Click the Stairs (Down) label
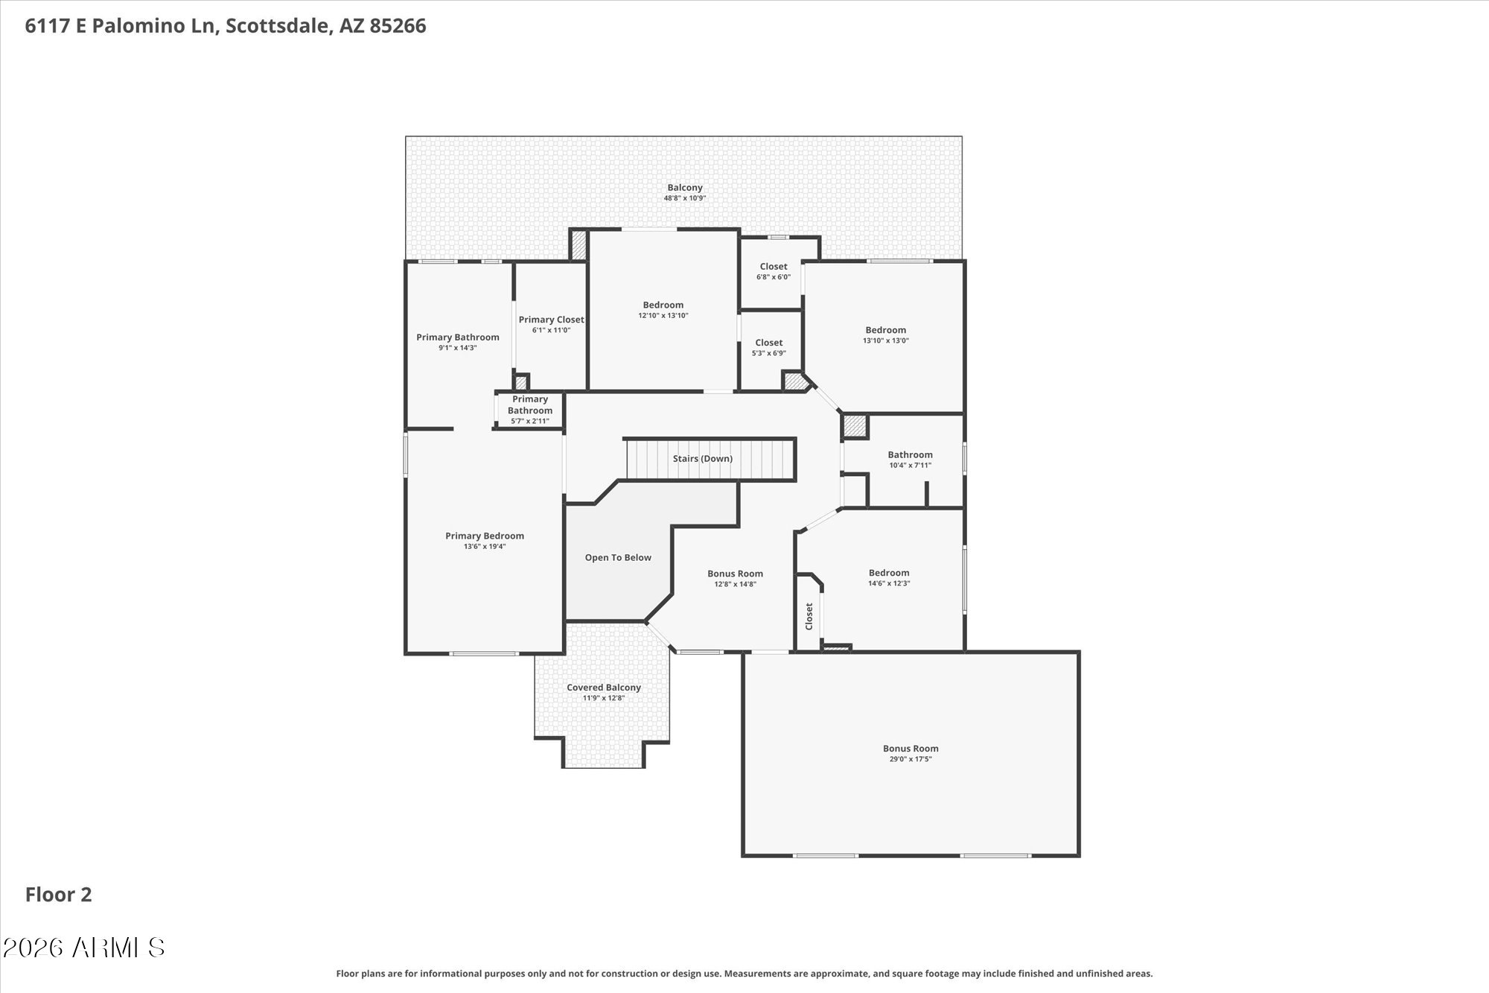pos(702,458)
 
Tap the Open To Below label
pos(617,557)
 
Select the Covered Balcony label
pos(603,688)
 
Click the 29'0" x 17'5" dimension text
pos(910,759)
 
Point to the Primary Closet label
pos(551,320)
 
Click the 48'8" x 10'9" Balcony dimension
pos(684,198)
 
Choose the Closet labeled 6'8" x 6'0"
pos(773,267)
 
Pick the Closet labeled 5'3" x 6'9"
pos(768,343)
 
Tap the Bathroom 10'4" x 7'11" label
pos(909,454)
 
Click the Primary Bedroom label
pos(484,536)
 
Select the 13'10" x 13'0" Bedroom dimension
pos(885,340)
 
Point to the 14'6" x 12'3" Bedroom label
pos(888,573)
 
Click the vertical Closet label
pos(809,616)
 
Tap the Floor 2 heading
pos(58,895)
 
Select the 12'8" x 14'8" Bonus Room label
pos(735,574)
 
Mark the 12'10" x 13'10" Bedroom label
pos(663,305)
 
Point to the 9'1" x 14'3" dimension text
pos(457,348)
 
